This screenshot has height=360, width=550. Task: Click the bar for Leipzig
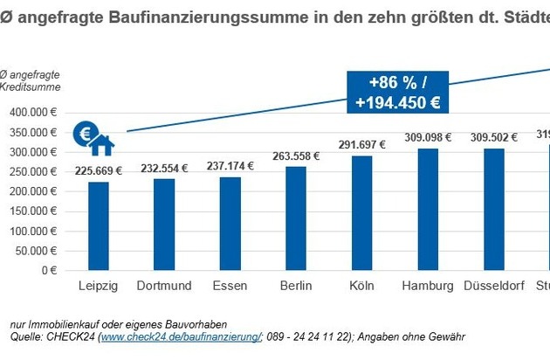pyautogui.click(x=99, y=226)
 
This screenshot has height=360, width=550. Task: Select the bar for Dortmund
pyautogui.click(x=164, y=225)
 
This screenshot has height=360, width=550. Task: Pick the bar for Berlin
pyautogui.click(x=295, y=218)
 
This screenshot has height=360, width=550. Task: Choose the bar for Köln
pyautogui.click(x=361, y=213)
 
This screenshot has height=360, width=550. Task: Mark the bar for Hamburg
pyautogui.click(x=428, y=210)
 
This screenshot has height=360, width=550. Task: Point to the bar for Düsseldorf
pyautogui.click(x=493, y=210)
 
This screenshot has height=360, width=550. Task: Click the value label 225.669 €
pyautogui.click(x=99, y=171)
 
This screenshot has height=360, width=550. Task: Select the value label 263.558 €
pyautogui.click(x=295, y=156)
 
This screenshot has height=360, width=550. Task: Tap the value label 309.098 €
pyautogui.click(x=428, y=138)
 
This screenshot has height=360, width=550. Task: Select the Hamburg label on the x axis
pyautogui.click(x=428, y=287)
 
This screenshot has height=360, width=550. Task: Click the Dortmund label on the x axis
pyautogui.click(x=164, y=287)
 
